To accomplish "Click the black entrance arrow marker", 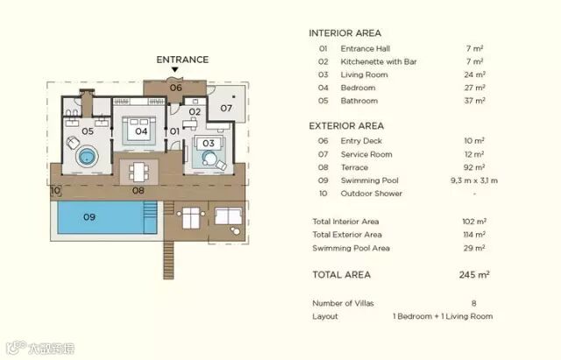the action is tap(174, 69).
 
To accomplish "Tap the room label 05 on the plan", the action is tap(88, 131).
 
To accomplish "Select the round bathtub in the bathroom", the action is tap(87, 156).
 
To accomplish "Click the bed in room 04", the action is tap(138, 131).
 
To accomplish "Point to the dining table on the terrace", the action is tap(138, 173).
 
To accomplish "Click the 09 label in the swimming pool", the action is tap(89, 217).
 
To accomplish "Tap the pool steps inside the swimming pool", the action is tap(150, 217).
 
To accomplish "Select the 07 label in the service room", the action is tap(226, 108).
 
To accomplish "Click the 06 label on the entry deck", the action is tap(175, 88).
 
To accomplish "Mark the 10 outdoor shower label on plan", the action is tap(55, 190).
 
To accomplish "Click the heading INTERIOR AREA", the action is tap(344, 33).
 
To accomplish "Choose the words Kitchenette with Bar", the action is tap(379, 61).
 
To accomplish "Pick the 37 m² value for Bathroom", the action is tap(474, 101).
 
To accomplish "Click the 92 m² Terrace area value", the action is tap(474, 167).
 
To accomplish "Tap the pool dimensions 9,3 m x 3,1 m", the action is tap(474, 180).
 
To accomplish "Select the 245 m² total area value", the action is tap(474, 275).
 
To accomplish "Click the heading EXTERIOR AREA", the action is tap(346, 126).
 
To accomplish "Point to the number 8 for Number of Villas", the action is tap(473, 304).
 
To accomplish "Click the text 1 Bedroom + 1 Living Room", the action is tap(443, 316).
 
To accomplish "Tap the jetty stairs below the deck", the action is tap(168, 260).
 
